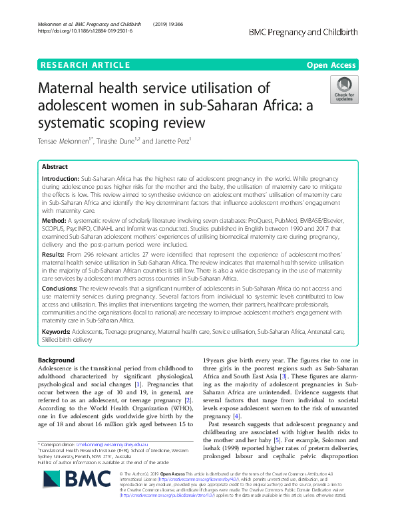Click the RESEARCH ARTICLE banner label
click(85, 65)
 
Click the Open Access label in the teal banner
click(331, 65)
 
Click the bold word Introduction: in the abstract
click(61, 180)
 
